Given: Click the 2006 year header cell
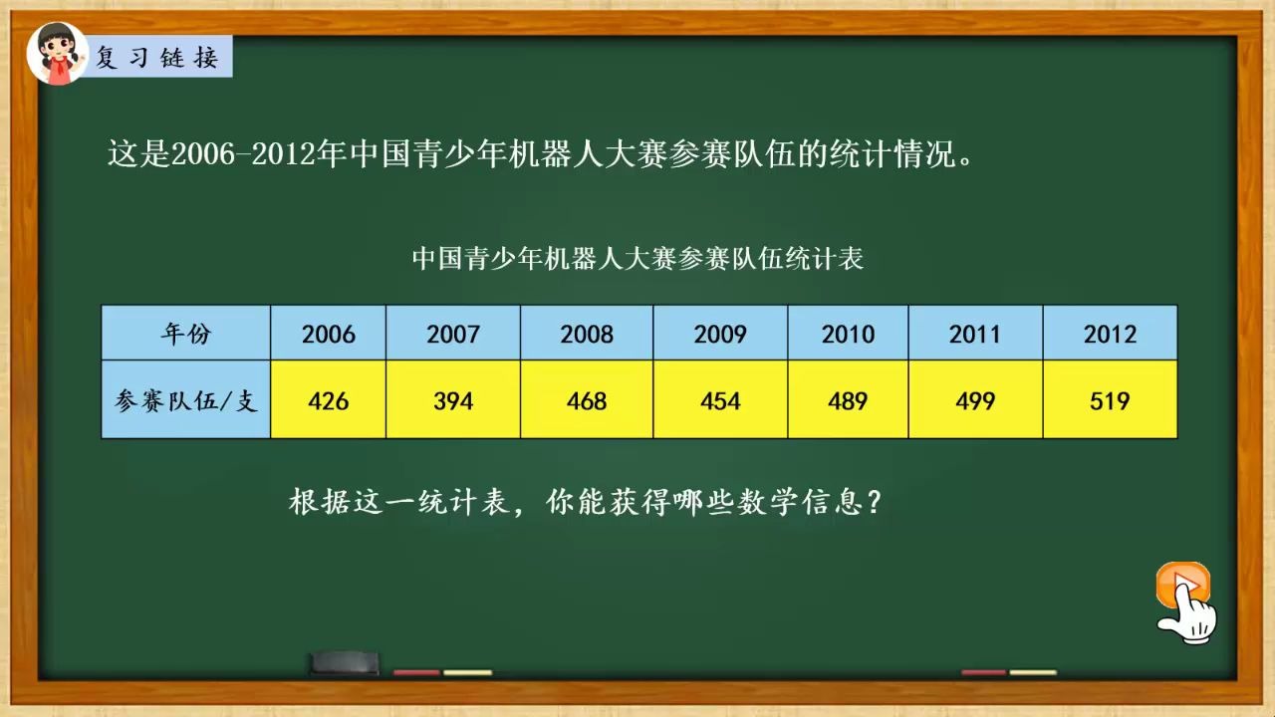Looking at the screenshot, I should (328, 334).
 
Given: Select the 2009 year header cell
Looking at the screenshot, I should (720, 334).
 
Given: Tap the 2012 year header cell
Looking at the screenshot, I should (1110, 334).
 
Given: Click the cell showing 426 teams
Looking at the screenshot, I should (328, 400).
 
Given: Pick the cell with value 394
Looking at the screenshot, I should (453, 400).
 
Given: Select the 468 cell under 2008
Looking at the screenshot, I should (587, 400).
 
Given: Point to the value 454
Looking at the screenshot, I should (720, 400).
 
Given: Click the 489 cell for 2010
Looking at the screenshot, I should (848, 400).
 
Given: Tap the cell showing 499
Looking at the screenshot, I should (975, 400).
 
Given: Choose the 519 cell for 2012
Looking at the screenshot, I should (1110, 400).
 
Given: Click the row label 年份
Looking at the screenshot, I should (186, 334).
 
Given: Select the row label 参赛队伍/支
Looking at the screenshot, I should (186, 400).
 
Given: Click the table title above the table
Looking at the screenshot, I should (637, 259).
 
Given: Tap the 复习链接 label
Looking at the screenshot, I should (157, 58).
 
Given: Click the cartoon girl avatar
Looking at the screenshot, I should (58, 54).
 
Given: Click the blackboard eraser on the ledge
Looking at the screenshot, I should (344, 662).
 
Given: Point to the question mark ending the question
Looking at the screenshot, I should (874, 502).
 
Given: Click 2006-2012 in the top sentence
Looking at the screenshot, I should (243, 155).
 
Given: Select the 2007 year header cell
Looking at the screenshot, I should (453, 334).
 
